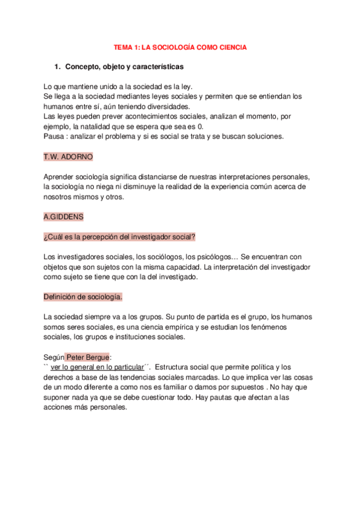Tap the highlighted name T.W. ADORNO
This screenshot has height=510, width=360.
tap(68, 156)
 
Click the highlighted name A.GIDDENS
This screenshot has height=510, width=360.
tap(64, 216)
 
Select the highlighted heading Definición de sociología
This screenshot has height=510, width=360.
tap(83, 297)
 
